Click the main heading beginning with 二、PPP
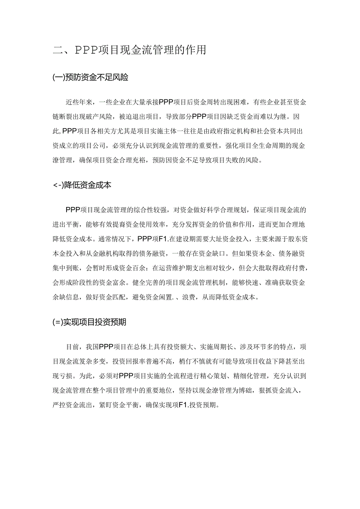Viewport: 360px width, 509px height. (x=129, y=50)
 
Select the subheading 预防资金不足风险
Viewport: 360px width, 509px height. (x=90, y=77)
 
